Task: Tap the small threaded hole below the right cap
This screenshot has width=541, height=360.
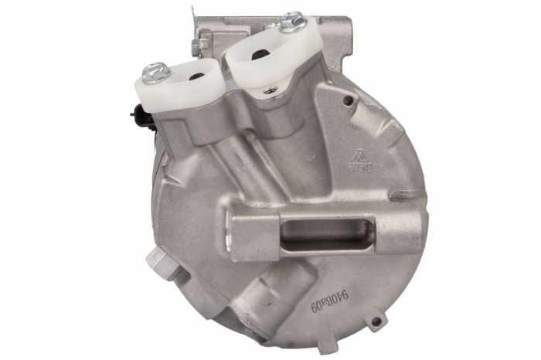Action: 268,90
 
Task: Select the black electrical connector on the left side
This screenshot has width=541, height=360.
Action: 137,117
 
